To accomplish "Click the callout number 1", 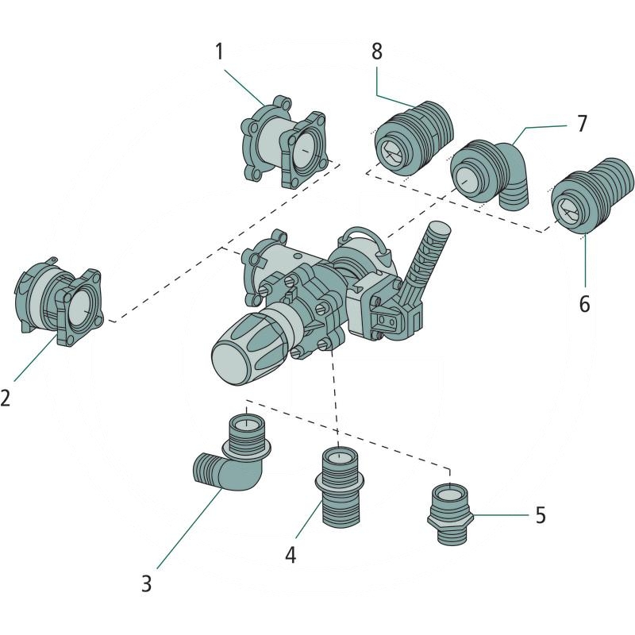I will tap(220, 53).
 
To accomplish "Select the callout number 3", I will tap(146, 583).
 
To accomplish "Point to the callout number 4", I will tap(291, 555).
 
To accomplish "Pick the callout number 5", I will tap(540, 515).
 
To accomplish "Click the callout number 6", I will tap(584, 304).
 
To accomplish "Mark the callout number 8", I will tap(376, 52).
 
